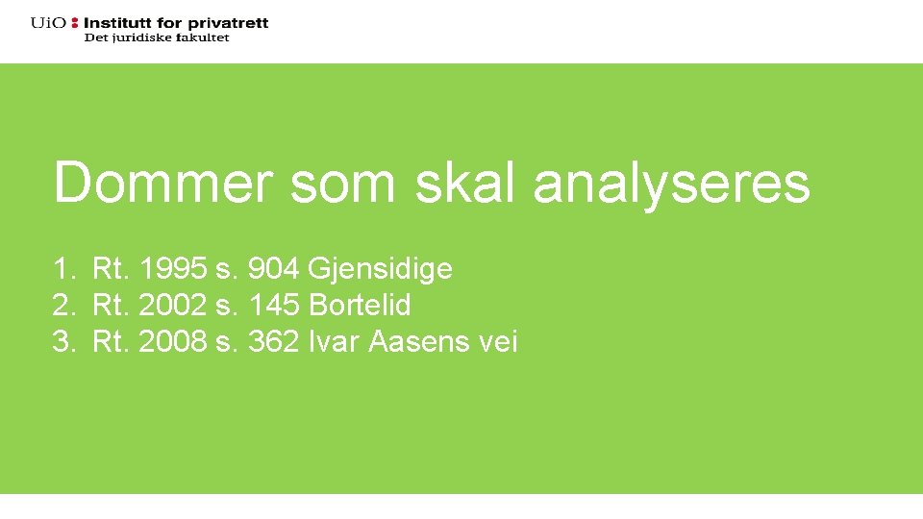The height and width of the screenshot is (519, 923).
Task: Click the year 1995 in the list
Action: pos(173,270)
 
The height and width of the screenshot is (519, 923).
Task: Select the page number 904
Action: pos(273,270)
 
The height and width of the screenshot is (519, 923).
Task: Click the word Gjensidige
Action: pos(380,270)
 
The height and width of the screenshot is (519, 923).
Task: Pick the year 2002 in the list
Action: pos(173,306)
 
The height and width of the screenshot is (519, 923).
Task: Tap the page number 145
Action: pos(273,306)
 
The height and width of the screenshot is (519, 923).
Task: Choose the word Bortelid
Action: pos(360,306)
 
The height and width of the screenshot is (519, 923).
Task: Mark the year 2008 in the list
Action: pos(173,341)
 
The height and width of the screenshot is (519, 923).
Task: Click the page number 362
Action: pos(273,341)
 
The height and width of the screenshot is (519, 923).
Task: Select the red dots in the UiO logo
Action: pos(75,22)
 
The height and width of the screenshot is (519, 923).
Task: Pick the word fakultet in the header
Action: pos(203,37)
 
